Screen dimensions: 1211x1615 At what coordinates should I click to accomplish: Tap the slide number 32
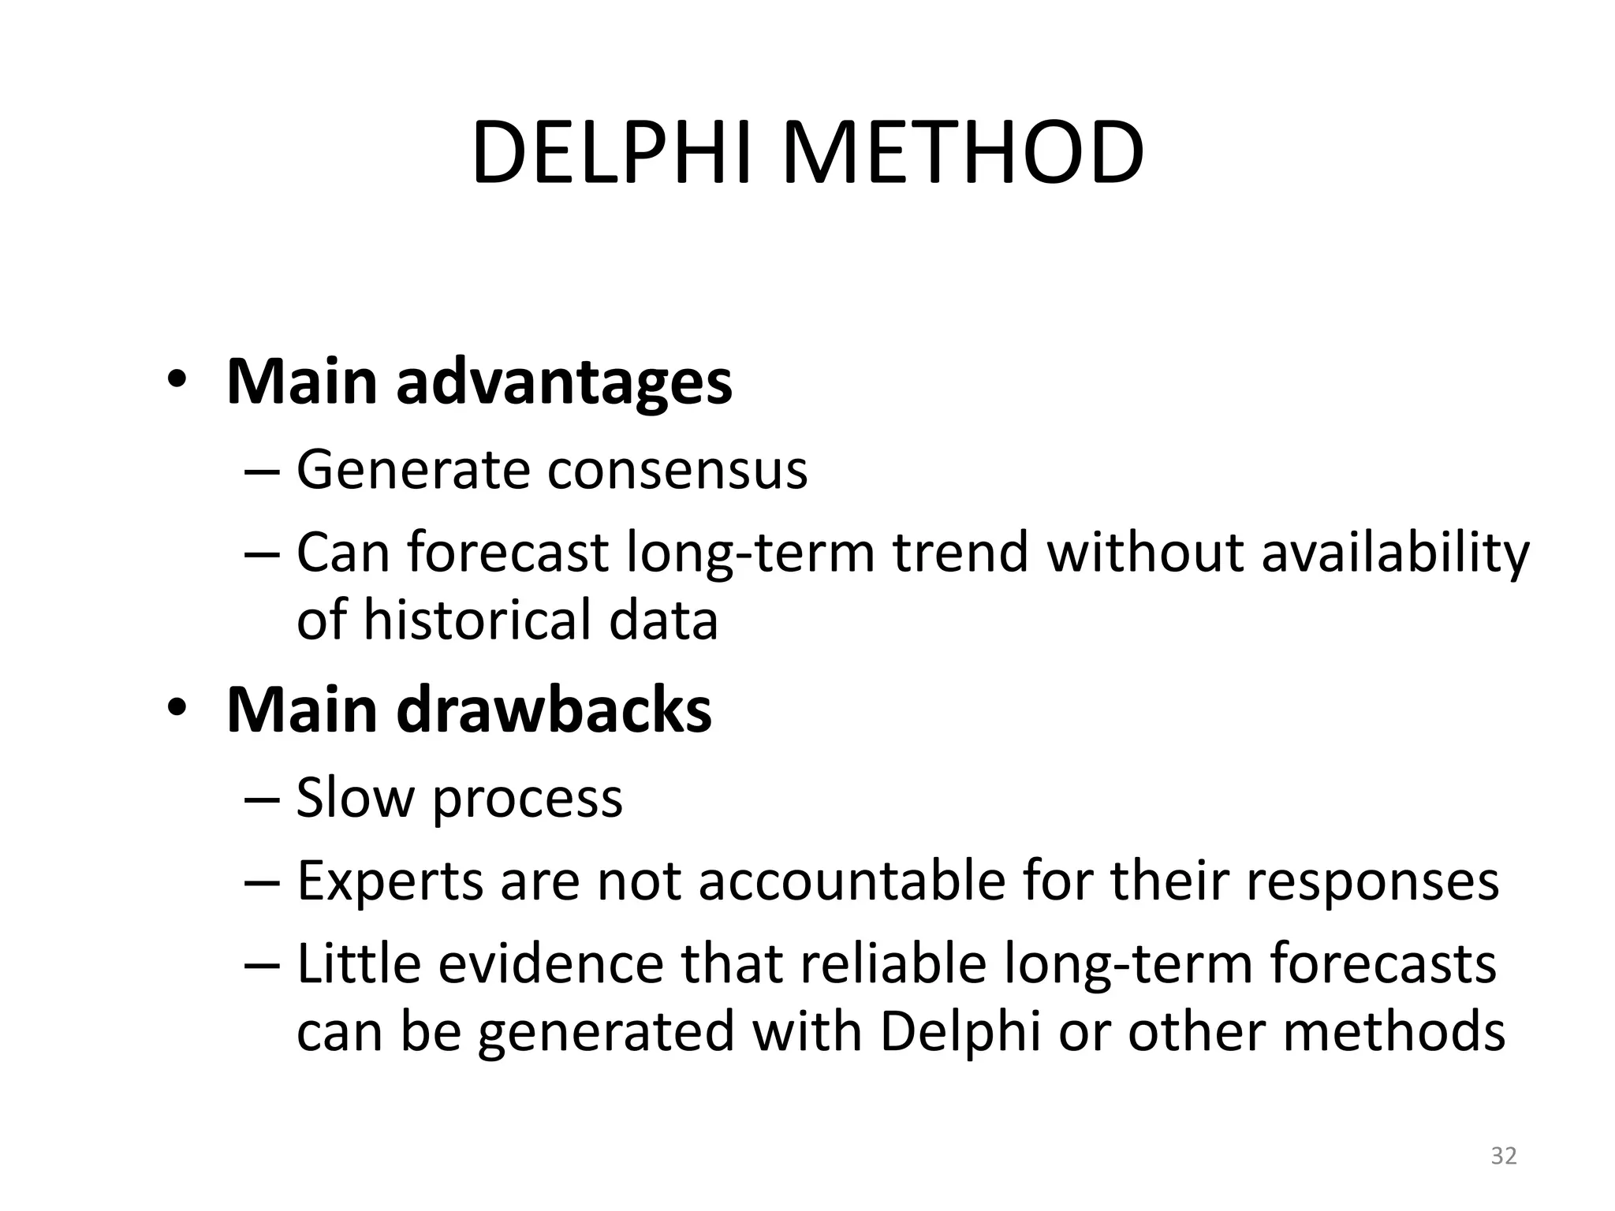tap(1503, 1156)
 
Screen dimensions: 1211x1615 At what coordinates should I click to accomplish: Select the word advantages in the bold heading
tap(564, 382)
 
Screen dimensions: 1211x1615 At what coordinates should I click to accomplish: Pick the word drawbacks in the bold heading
tap(554, 710)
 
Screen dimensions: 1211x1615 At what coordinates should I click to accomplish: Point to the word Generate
tap(412, 471)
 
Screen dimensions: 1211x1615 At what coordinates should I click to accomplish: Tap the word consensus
tap(677, 471)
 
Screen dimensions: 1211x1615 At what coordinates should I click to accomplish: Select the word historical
tap(478, 619)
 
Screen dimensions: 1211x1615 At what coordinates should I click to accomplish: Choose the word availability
tap(1394, 553)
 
